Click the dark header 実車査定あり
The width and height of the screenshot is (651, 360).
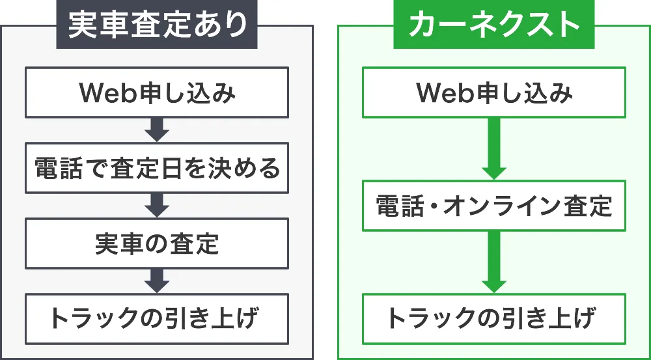point(158,25)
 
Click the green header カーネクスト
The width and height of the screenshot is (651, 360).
point(494,25)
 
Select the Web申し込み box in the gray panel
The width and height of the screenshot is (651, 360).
point(157,94)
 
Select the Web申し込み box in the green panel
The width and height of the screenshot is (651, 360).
point(494,94)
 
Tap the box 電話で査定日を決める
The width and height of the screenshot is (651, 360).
point(157,169)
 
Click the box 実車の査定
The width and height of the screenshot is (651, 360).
point(157,244)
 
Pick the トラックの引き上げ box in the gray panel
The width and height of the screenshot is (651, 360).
point(157,319)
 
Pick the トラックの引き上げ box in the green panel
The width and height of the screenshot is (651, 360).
point(494,319)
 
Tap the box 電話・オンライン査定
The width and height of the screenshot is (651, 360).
point(494,206)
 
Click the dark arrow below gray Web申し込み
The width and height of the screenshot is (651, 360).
point(157,130)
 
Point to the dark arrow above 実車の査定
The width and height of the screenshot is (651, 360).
point(157,206)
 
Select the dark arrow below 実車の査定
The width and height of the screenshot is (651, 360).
point(157,281)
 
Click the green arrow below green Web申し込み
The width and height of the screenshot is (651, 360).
point(494,149)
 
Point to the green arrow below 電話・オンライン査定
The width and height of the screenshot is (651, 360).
point(494,262)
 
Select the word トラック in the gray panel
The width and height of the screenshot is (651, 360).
point(93,319)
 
